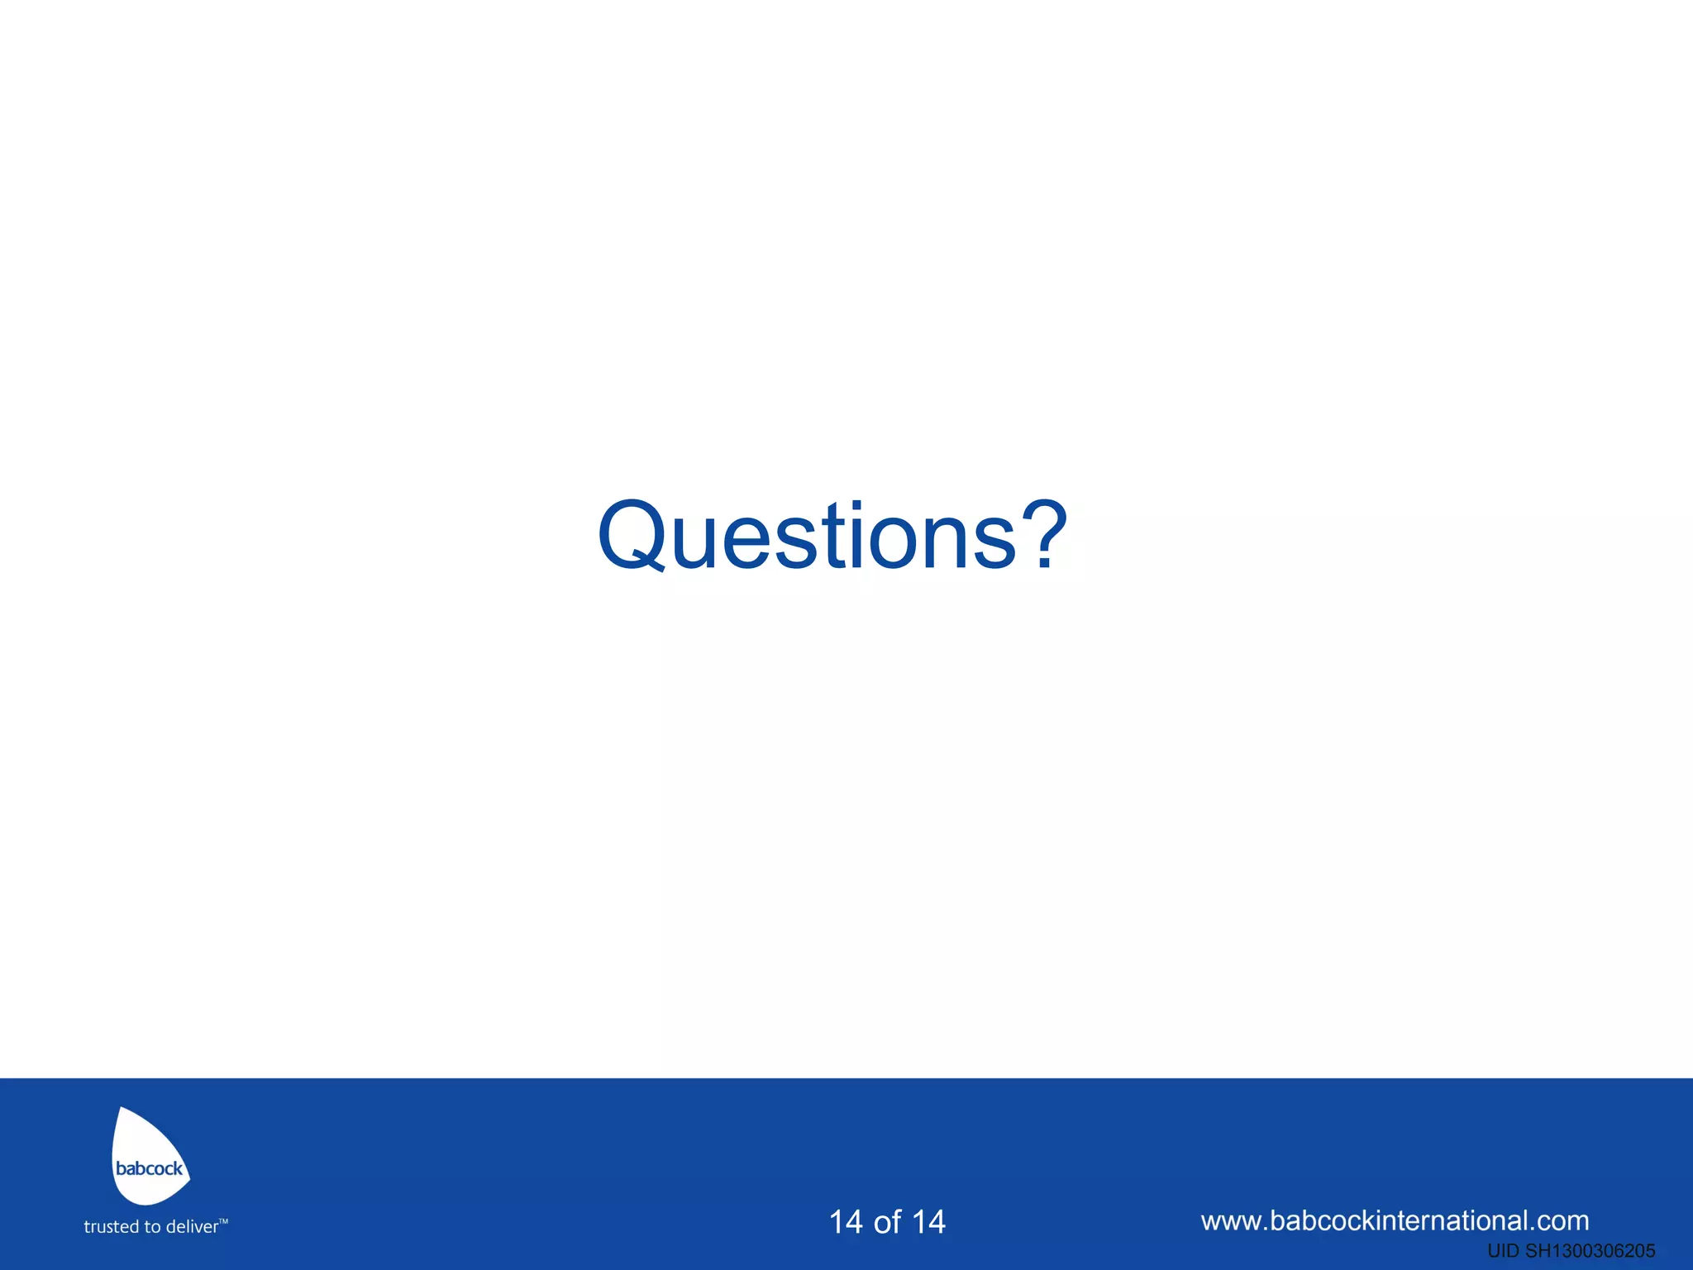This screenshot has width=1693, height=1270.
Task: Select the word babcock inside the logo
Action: tap(149, 1168)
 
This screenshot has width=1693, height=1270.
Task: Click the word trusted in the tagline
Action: tap(111, 1227)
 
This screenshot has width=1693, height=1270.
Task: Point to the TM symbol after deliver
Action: tap(223, 1220)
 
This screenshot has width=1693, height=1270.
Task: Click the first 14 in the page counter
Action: tap(846, 1222)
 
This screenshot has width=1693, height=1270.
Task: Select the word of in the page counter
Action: tap(887, 1222)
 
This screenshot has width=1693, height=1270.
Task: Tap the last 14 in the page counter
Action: tap(928, 1222)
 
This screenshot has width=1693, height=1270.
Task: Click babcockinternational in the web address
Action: tap(1396, 1220)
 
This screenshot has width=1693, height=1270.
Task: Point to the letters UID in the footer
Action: tap(1503, 1251)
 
